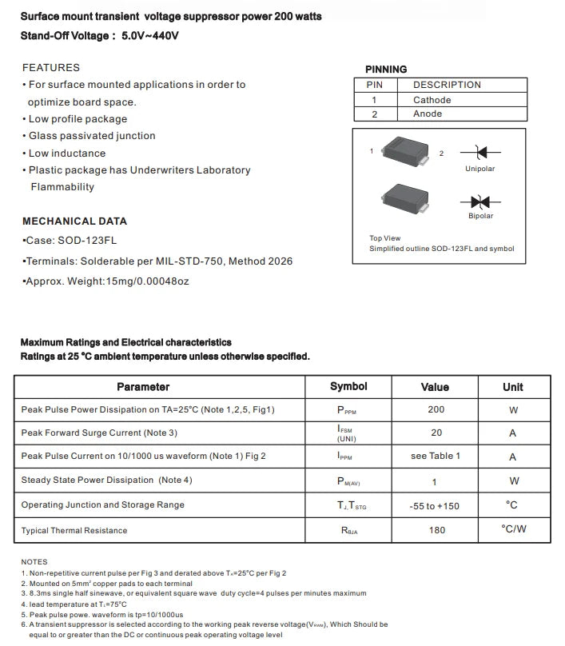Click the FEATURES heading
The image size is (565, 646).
coord(51,68)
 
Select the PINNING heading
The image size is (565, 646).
coord(386,70)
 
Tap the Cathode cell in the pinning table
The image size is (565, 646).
coord(432,100)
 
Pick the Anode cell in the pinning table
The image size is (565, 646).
coord(428,114)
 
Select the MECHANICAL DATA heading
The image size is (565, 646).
coord(74,221)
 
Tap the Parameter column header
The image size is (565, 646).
coord(143,387)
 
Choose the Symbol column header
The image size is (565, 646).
coord(348,387)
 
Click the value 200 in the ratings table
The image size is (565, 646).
coord(436,409)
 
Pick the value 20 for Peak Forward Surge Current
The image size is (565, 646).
coord(436,433)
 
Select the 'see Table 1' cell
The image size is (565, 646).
coord(436,456)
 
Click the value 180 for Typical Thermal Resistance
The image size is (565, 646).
coord(436,529)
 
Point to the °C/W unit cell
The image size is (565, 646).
coord(513,529)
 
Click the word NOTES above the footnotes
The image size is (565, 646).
coord(34,562)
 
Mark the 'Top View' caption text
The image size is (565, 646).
coord(385,238)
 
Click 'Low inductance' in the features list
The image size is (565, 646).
coord(67,154)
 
